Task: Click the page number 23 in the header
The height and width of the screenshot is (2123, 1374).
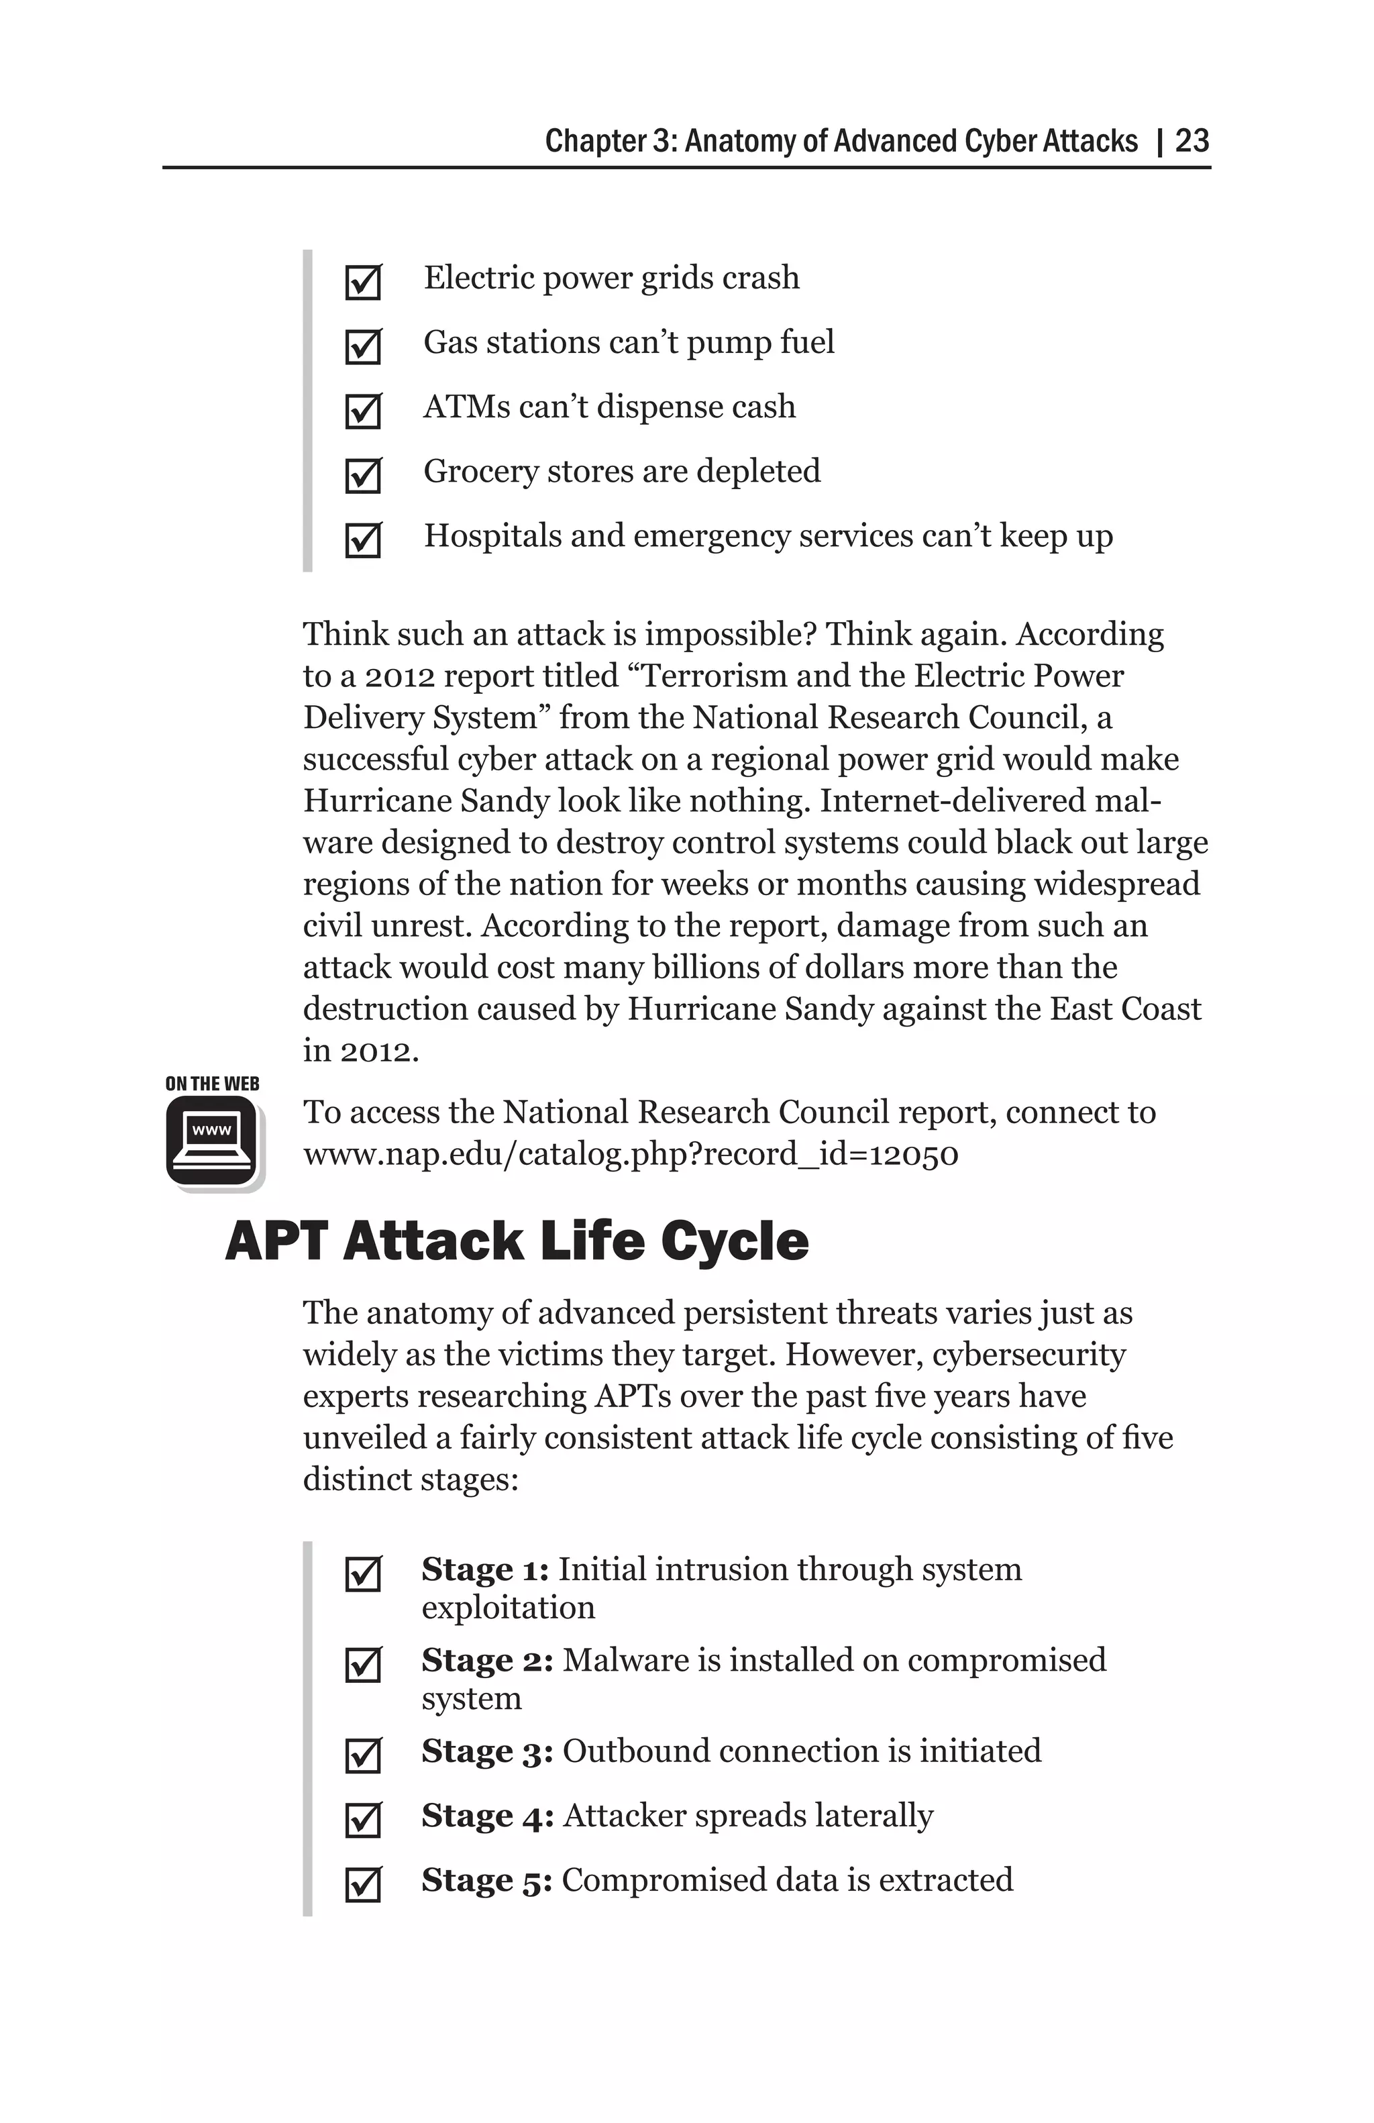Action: click(1192, 141)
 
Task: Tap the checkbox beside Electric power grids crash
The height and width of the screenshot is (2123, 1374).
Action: click(363, 282)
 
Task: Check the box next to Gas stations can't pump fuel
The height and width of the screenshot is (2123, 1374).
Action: click(363, 347)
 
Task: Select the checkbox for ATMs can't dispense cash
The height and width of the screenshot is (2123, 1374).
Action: click(363, 411)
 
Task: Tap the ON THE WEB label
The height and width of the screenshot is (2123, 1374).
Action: click(212, 1084)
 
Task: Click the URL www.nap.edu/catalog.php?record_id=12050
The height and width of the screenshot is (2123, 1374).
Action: click(631, 1154)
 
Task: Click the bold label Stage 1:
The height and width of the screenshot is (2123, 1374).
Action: click(485, 1569)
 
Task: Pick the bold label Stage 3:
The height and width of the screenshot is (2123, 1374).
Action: click(487, 1751)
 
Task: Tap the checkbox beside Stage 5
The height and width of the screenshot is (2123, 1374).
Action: click(363, 1885)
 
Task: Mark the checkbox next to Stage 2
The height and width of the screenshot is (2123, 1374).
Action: click(363, 1665)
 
